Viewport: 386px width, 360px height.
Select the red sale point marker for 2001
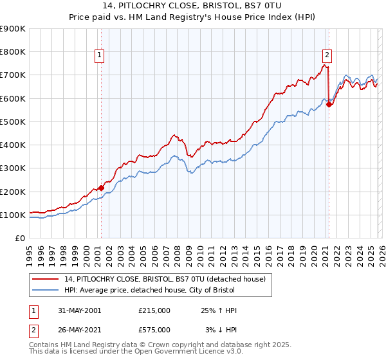(101, 188)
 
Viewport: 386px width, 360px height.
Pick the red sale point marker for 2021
(329, 104)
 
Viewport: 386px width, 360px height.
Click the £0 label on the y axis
(20, 239)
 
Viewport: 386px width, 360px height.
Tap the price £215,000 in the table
(154, 310)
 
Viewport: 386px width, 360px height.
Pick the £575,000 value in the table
(154, 330)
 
